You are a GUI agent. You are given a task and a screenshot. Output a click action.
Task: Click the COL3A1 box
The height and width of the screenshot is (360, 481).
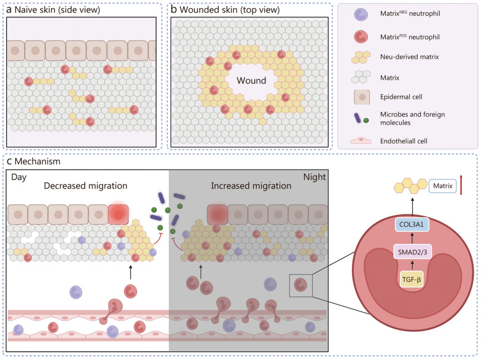click(x=412, y=224)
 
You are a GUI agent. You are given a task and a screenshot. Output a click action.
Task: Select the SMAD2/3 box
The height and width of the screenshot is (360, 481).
click(x=412, y=252)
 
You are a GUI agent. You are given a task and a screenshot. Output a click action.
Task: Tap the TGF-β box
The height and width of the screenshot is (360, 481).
click(x=412, y=280)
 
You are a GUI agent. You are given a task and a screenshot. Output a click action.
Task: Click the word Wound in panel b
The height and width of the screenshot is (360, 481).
click(x=251, y=80)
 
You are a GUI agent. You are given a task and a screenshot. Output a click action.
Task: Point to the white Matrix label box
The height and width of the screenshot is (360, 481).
click(x=442, y=186)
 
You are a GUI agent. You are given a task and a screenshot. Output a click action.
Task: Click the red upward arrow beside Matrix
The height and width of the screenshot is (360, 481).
click(x=461, y=184)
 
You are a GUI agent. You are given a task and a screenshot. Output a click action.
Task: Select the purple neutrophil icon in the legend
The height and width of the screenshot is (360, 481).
click(x=361, y=14)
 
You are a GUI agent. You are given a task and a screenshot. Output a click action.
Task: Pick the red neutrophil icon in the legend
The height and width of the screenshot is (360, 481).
click(x=361, y=37)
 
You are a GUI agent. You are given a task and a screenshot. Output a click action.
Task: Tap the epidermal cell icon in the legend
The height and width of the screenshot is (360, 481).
click(x=362, y=97)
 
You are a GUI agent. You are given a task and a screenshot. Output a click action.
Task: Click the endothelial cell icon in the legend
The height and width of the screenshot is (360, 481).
click(x=361, y=141)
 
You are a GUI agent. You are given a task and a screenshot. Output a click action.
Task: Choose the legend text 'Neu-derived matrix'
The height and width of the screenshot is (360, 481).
click(x=410, y=57)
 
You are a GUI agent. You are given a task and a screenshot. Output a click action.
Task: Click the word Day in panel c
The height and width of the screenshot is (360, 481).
click(x=18, y=178)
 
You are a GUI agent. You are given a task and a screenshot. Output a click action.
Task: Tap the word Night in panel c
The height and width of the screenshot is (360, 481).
click(x=315, y=177)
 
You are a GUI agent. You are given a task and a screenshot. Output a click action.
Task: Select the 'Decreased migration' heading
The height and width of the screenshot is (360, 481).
click(x=85, y=186)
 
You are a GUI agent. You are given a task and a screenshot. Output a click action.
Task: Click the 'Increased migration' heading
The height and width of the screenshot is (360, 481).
click(x=251, y=186)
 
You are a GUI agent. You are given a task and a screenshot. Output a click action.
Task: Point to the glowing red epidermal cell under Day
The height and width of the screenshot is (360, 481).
click(x=119, y=214)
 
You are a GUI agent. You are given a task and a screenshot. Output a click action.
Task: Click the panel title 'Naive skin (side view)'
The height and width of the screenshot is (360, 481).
click(x=57, y=10)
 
